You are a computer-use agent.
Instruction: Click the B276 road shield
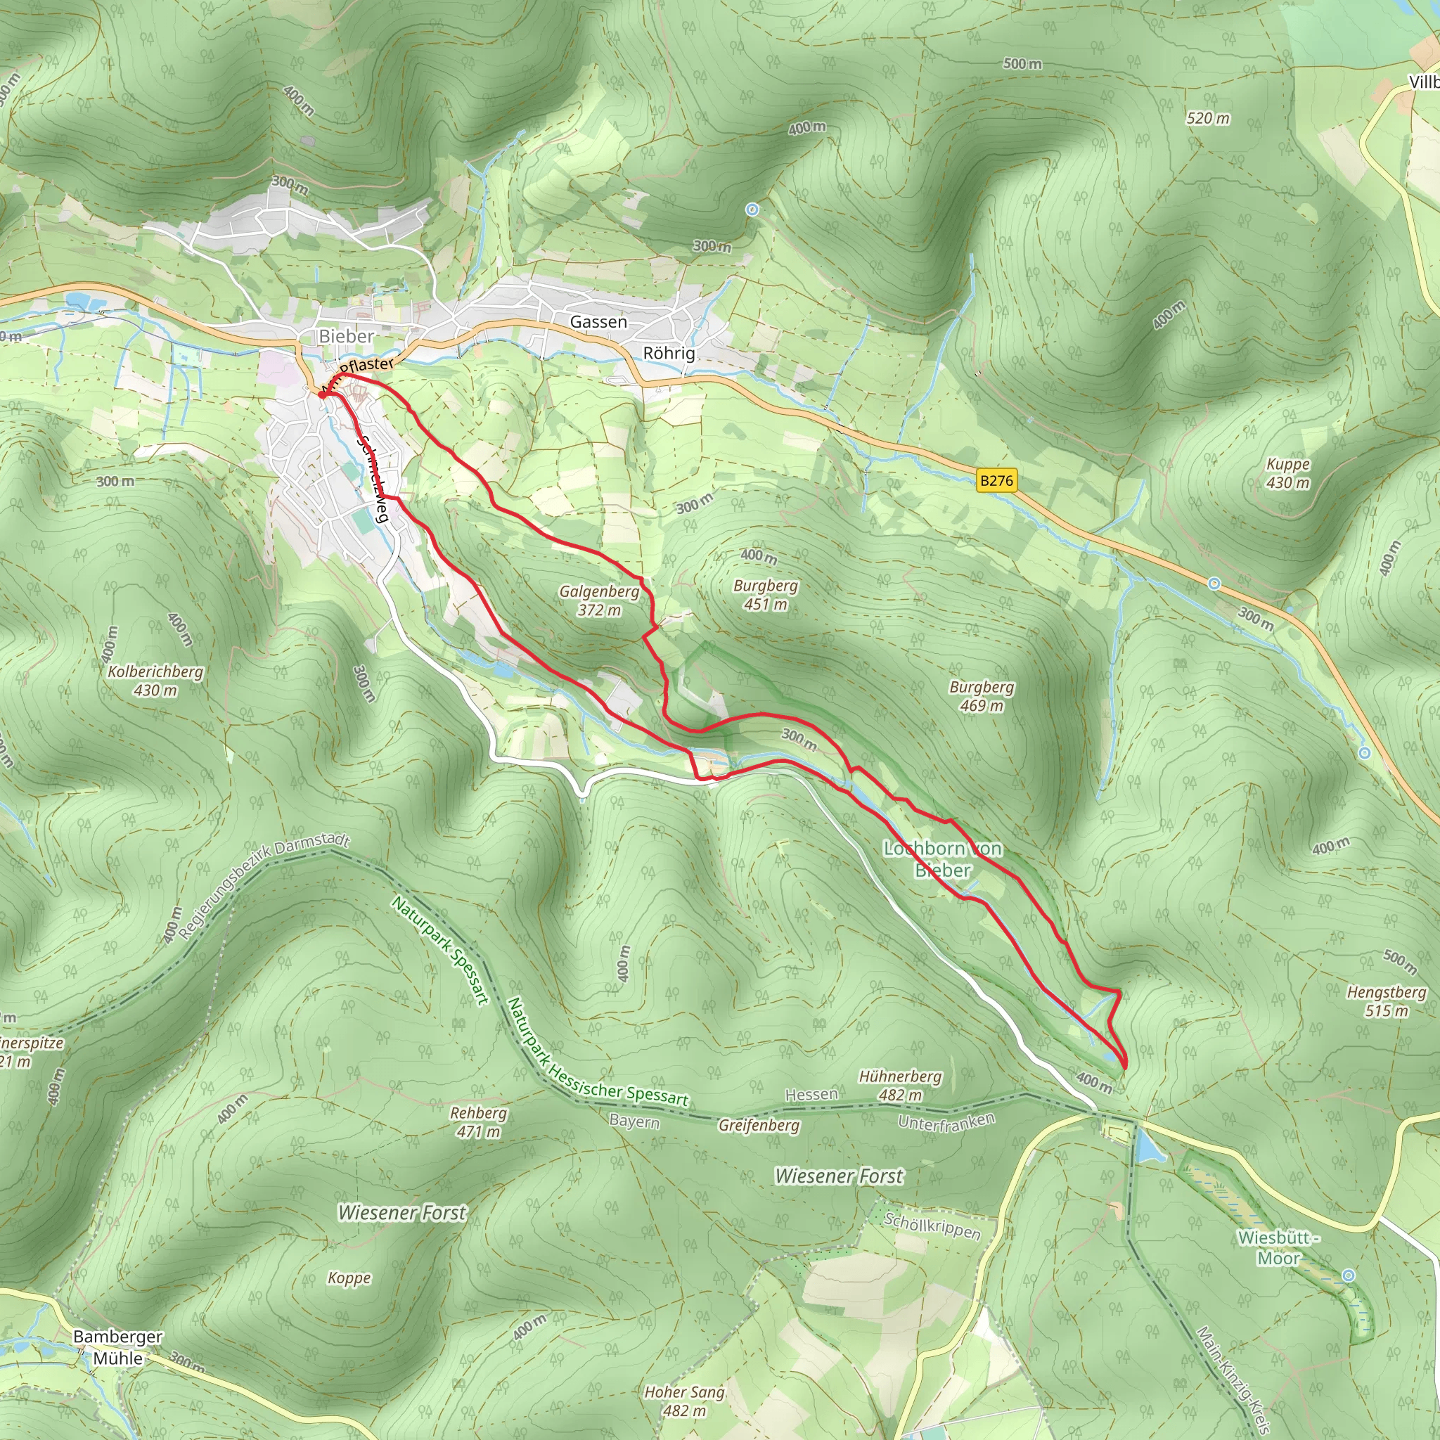click(x=996, y=481)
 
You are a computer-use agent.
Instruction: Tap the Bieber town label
click(x=346, y=336)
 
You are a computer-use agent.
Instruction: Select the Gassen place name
click(x=598, y=322)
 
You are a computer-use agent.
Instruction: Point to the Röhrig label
click(x=669, y=353)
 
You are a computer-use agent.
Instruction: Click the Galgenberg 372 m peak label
click(x=599, y=600)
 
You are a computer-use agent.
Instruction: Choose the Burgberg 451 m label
click(x=766, y=595)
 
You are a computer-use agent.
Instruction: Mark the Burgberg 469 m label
click(x=982, y=696)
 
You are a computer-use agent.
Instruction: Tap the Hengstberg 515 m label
click(x=1387, y=1001)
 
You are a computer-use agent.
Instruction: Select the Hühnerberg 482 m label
click(x=901, y=1085)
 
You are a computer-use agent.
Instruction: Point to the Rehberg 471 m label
click(x=479, y=1121)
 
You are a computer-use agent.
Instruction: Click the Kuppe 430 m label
click(x=1288, y=473)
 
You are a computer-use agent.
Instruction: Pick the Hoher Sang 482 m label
click(x=684, y=1401)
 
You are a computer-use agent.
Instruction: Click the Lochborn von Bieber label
click(x=943, y=859)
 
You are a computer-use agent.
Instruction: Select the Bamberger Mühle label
click(x=117, y=1348)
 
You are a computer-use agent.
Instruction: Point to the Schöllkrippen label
click(x=932, y=1226)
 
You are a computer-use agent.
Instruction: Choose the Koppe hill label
click(x=349, y=1278)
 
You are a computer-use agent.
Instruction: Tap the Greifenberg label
click(x=759, y=1125)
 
